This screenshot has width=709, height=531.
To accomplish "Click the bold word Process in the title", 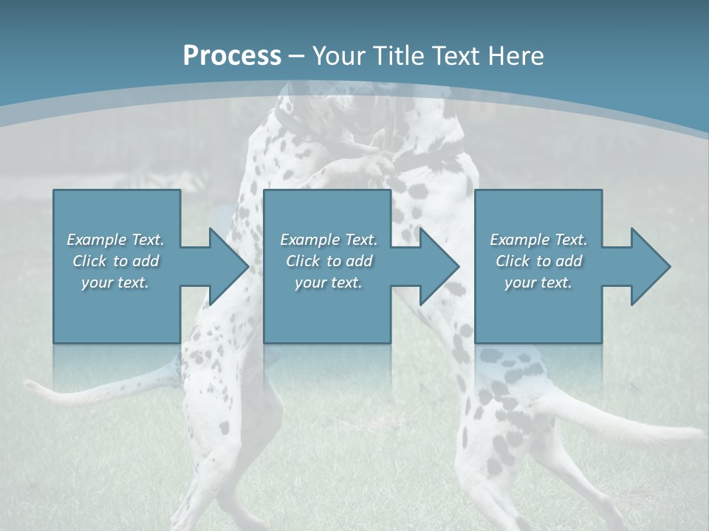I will [232, 56].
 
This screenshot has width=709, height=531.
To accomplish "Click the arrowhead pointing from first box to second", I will [229, 266].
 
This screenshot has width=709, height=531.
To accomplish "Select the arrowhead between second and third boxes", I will [439, 266].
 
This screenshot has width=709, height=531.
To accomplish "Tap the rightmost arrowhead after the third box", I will [651, 266].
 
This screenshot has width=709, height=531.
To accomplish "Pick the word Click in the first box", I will [90, 261].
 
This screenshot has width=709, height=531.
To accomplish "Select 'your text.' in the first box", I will [115, 282].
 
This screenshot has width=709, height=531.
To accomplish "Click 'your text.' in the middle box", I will [328, 282].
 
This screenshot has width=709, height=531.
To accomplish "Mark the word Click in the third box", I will [513, 261].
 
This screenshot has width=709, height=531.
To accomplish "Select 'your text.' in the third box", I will [538, 282].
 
